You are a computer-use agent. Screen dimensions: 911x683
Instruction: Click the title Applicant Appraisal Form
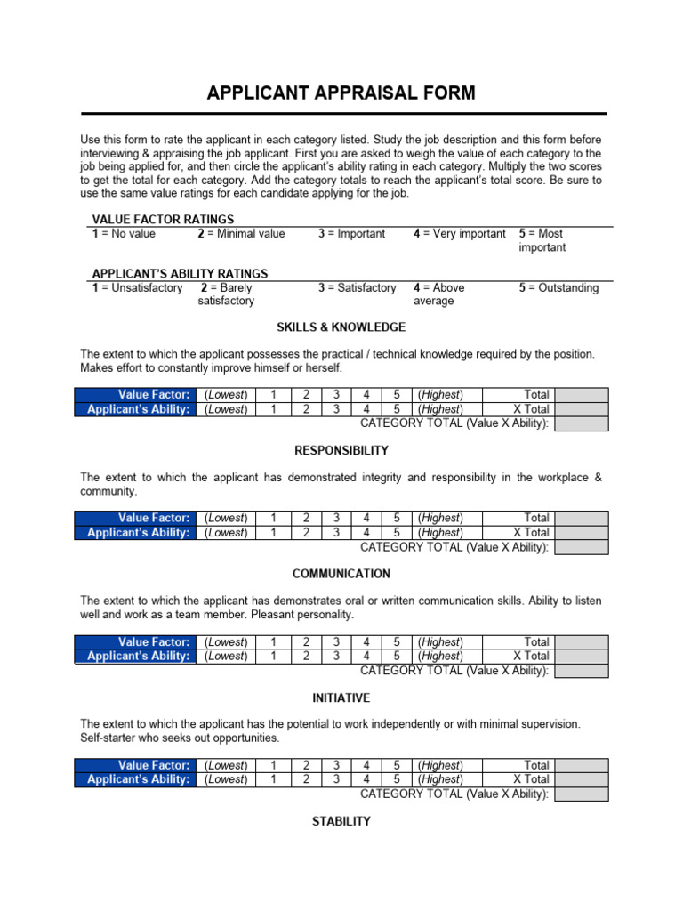pyautogui.click(x=341, y=93)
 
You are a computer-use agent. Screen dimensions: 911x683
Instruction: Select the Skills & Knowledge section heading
pyautogui.click(x=341, y=327)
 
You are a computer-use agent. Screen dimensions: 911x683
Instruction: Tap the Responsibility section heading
pyautogui.click(x=341, y=450)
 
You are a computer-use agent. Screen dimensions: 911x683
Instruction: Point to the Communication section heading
pyautogui.click(x=341, y=574)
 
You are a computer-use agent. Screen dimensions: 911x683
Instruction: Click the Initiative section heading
pyautogui.click(x=341, y=697)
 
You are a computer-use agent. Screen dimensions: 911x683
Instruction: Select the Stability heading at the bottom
pyautogui.click(x=341, y=821)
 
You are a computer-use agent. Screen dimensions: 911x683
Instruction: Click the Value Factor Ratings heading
pyautogui.click(x=164, y=219)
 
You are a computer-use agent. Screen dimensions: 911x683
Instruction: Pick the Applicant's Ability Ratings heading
pyautogui.click(x=180, y=274)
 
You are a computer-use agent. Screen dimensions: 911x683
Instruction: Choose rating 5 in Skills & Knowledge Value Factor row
pyautogui.click(x=397, y=394)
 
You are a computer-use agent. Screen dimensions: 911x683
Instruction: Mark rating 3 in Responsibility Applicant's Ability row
pyautogui.click(x=335, y=533)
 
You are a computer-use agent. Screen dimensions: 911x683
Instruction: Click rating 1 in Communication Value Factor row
pyautogui.click(x=273, y=641)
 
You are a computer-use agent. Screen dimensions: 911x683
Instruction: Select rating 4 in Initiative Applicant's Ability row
pyautogui.click(x=366, y=779)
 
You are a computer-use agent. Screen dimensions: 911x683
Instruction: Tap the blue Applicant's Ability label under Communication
pyautogui.click(x=139, y=657)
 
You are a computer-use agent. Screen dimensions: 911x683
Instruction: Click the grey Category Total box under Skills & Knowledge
pyautogui.click(x=582, y=424)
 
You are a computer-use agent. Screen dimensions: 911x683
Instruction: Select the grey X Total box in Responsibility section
pyautogui.click(x=582, y=533)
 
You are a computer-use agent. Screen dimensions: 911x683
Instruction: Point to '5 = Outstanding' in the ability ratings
pyautogui.click(x=558, y=288)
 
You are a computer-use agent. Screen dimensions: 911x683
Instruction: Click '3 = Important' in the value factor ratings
pyautogui.click(x=352, y=234)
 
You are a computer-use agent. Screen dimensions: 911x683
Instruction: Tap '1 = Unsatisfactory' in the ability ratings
pyautogui.click(x=137, y=288)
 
